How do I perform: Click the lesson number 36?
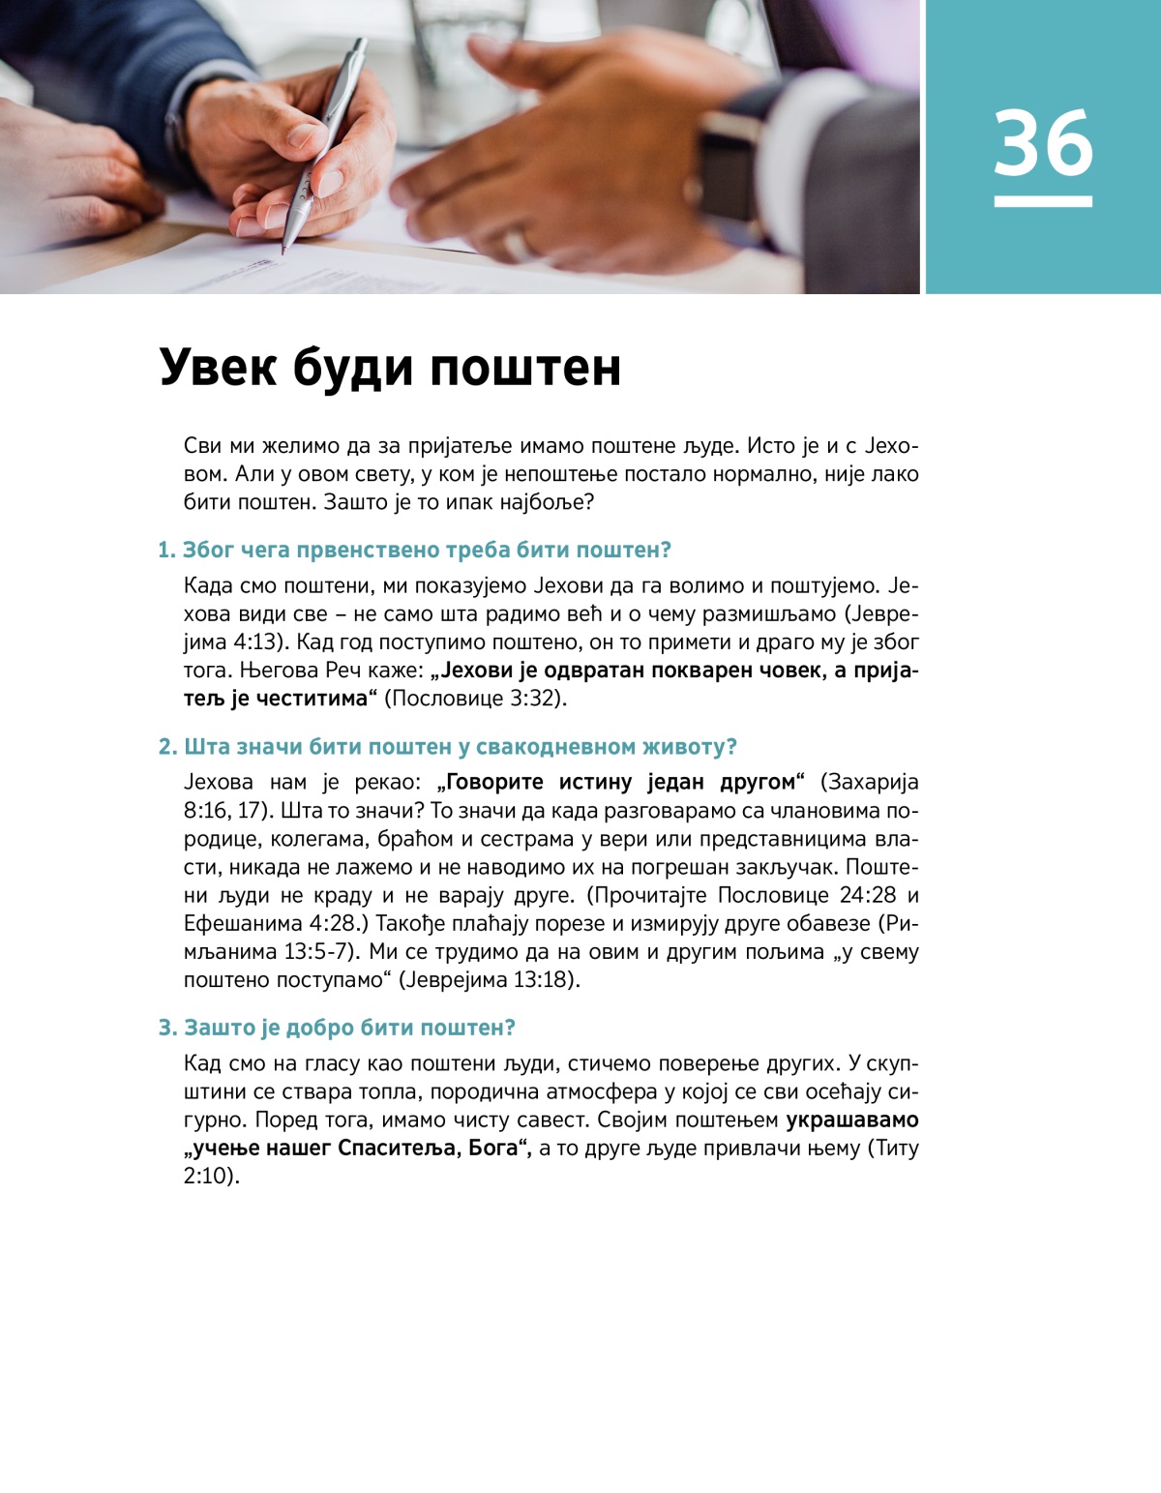[1043, 143]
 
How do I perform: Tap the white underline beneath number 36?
[1043, 202]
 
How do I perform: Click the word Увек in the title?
[218, 368]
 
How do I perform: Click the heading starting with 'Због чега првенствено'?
[414, 551]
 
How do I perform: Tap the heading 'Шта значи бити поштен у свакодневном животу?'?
[447, 747]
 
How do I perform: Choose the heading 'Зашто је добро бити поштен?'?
[337, 1028]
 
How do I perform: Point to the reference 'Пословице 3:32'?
[476, 699]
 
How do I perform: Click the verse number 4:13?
[254, 642]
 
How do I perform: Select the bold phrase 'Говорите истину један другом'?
[621, 782]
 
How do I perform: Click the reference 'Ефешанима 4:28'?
[270, 923]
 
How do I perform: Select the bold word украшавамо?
[851, 1120]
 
